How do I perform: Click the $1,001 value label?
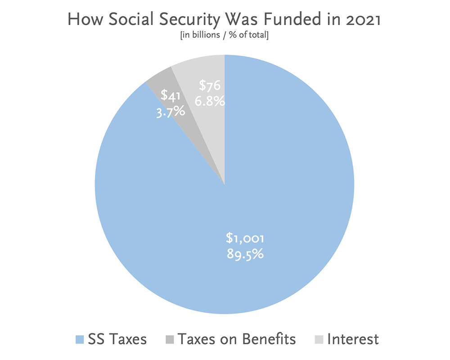(x=245, y=238)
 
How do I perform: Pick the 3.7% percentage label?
(x=171, y=111)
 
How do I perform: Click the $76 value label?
(x=210, y=85)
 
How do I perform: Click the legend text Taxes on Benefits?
(x=237, y=339)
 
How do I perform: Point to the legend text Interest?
(x=353, y=339)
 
